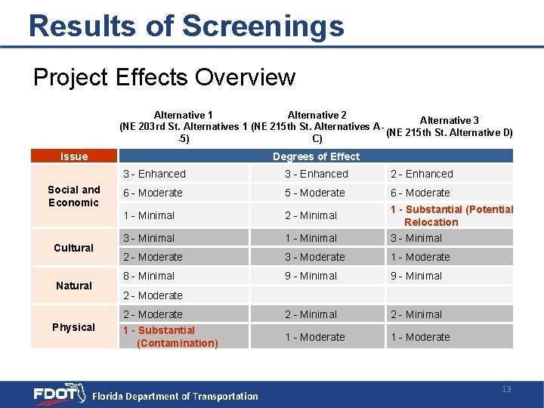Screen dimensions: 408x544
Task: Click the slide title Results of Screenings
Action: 186,26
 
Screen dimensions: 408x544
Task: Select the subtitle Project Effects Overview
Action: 164,77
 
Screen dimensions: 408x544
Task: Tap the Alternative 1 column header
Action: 183,127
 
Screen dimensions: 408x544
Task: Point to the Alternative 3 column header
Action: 449,126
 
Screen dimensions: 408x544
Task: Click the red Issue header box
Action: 74,156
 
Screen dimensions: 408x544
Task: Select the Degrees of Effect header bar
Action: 316,156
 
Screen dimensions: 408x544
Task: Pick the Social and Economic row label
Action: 74,196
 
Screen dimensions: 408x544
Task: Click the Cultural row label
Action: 74,248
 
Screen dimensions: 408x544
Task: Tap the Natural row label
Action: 74,286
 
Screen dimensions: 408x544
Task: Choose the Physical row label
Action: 74,327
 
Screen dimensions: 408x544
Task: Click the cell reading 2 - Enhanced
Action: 422,174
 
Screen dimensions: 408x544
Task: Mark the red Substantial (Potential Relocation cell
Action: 451,215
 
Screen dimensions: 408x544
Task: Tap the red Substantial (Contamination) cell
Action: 171,337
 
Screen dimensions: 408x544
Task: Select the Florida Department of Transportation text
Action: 175,396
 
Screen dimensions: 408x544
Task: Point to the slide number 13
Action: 506,389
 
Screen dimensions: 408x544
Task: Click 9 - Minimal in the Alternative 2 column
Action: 311,276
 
